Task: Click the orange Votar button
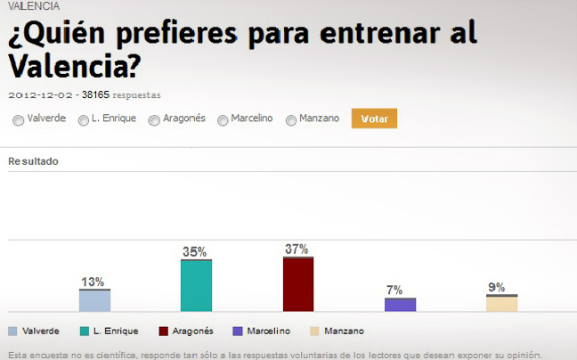(374, 119)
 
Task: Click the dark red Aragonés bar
(297, 284)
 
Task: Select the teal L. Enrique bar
(196, 285)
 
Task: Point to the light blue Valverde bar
(94, 300)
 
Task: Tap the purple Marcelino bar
(400, 304)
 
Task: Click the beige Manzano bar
(501, 303)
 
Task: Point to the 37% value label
(297, 250)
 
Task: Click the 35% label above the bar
(195, 252)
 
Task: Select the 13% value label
(93, 282)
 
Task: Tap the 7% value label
(394, 290)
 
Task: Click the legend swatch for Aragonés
(163, 331)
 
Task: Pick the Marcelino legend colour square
(236, 331)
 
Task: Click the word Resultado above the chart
(33, 161)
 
